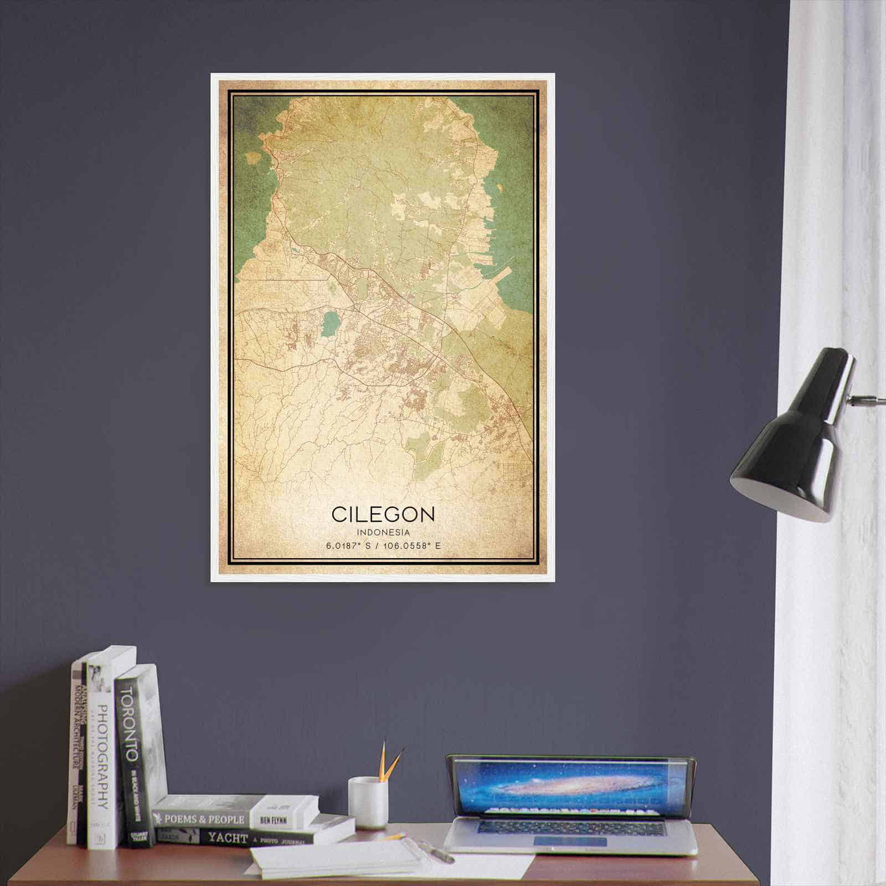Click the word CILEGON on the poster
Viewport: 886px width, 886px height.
point(383,514)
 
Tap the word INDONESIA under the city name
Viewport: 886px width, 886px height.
point(383,532)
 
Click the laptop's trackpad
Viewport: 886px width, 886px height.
point(570,841)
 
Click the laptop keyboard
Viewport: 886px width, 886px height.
point(570,827)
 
